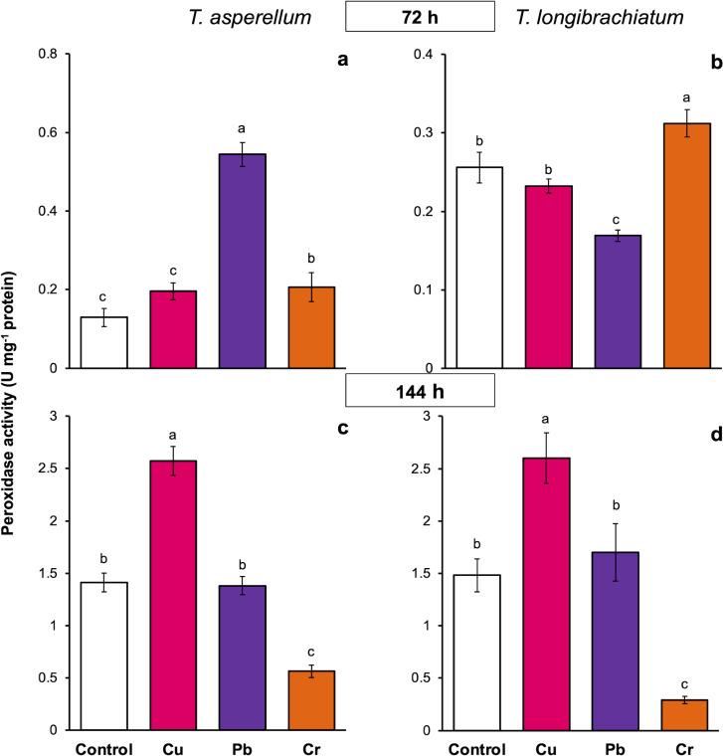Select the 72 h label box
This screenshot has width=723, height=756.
pos(420,16)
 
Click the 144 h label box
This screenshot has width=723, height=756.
pos(420,390)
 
